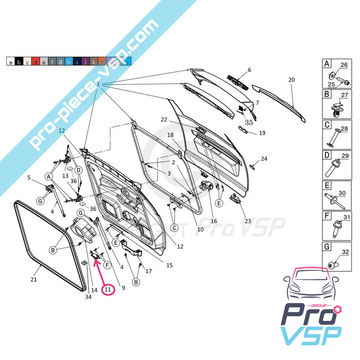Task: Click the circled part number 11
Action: pyautogui.click(x=108, y=289)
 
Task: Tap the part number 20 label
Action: pyautogui.click(x=291, y=80)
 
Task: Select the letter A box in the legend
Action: pyautogui.click(x=327, y=64)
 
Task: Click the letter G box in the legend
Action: pyautogui.click(x=327, y=247)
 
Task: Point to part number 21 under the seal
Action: pyautogui.click(x=33, y=279)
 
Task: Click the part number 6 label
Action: pyautogui.click(x=249, y=70)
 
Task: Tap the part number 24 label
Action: pyautogui.click(x=264, y=159)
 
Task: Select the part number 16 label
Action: pyautogui.click(x=214, y=221)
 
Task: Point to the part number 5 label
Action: pyautogui.click(x=29, y=177)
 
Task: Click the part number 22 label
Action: pyautogui.click(x=164, y=120)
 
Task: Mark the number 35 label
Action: pyautogui.click(x=249, y=122)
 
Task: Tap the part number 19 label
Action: pyautogui.click(x=262, y=133)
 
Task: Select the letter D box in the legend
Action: pyautogui.click(x=327, y=156)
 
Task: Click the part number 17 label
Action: pyautogui.click(x=148, y=271)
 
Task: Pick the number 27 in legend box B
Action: pyautogui.click(x=345, y=95)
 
